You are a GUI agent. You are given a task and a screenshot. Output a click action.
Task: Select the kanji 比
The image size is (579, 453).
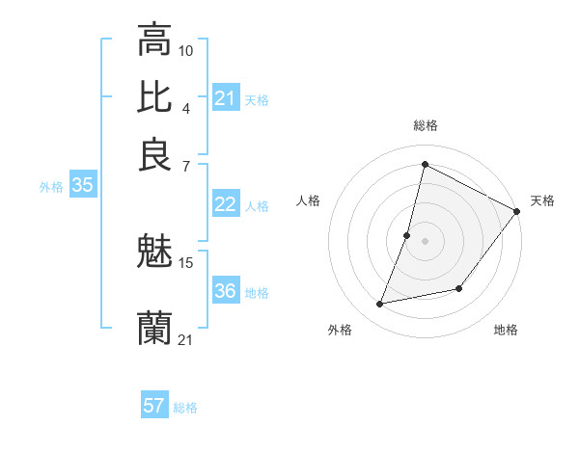pyautogui.click(x=154, y=97)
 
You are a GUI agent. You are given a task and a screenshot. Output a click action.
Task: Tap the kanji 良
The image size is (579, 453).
pyautogui.click(x=154, y=154)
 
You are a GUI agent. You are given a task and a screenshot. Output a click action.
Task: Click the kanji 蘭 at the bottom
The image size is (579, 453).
pyautogui.click(x=154, y=329)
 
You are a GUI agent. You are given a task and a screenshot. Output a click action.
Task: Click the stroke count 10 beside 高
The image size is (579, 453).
pyautogui.click(x=186, y=50)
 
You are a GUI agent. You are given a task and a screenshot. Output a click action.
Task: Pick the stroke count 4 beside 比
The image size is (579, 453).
pyautogui.click(x=186, y=108)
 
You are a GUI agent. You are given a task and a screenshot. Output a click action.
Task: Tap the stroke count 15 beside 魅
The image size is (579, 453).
pyautogui.click(x=186, y=262)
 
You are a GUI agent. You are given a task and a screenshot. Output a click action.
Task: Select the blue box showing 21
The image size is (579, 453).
pyautogui.click(x=225, y=98)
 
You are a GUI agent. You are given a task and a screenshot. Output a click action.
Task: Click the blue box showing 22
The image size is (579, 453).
pyautogui.click(x=225, y=204)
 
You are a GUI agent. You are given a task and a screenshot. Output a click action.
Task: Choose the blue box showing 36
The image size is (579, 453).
pyautogui.click(x=225, y=291)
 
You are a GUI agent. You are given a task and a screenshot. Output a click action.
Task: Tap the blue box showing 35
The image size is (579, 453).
pyautogui.click(x=82, y=186)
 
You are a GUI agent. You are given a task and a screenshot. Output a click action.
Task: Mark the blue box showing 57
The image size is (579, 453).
pyautogui.click(x=154, y=406)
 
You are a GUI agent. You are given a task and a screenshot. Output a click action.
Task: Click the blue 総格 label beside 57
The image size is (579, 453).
pyautogui.click(x=185, y=408)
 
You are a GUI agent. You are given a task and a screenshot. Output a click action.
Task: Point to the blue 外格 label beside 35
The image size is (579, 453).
pyautogui.click(x=51, y=187)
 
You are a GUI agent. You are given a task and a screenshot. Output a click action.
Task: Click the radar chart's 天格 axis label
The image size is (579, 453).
pyautogui.click(x=542, y=200)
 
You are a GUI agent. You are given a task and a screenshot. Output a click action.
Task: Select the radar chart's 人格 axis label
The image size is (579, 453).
pyautogui.click(x=308, y=200)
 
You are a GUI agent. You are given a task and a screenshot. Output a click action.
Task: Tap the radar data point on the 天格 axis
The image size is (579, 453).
pyautogui.click(x=516, y=212)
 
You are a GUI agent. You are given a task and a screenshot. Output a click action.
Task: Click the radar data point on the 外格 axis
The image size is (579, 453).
pyautogui.click(x=380, y=305)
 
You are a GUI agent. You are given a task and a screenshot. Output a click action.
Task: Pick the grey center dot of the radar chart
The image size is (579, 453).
pyautogui.click(x=425, y=241)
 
